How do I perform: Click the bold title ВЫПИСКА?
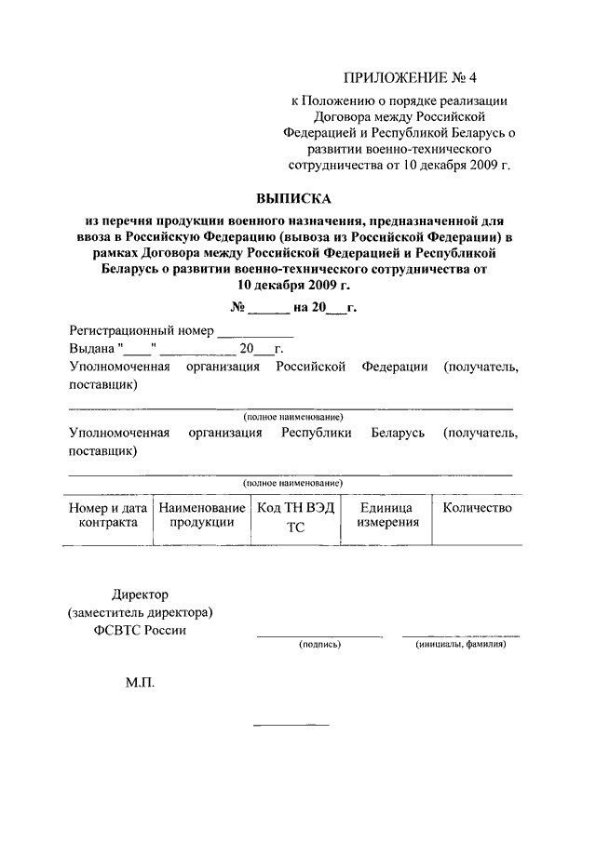(293, 198)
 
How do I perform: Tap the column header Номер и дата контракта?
(108, 515)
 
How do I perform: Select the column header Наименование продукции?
(201, 515)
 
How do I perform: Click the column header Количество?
(478, 508)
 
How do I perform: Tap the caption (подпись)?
(319, 644)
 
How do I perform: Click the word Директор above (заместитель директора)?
(140, 595)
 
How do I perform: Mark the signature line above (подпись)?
(319, 636)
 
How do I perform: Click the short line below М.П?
(291, 724)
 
